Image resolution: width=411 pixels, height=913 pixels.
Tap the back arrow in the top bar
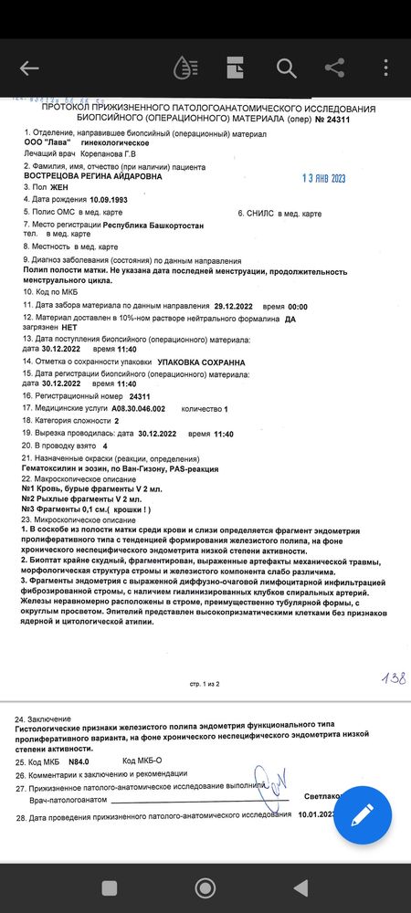tap(29, 68)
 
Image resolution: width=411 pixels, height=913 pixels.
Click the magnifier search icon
tap(286, 68)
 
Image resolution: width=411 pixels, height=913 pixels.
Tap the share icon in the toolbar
tap(335, 68)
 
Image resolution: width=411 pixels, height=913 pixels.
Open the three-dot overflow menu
tap(386, 68)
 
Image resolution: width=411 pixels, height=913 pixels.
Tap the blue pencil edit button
tap(363, 815)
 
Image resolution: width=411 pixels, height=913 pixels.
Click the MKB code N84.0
tap(82, 761)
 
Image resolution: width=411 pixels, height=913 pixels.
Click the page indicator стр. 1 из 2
tap(205, 683)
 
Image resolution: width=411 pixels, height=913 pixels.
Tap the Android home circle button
tap(205, 887)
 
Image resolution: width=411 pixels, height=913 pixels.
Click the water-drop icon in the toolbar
tap(185, 68)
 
